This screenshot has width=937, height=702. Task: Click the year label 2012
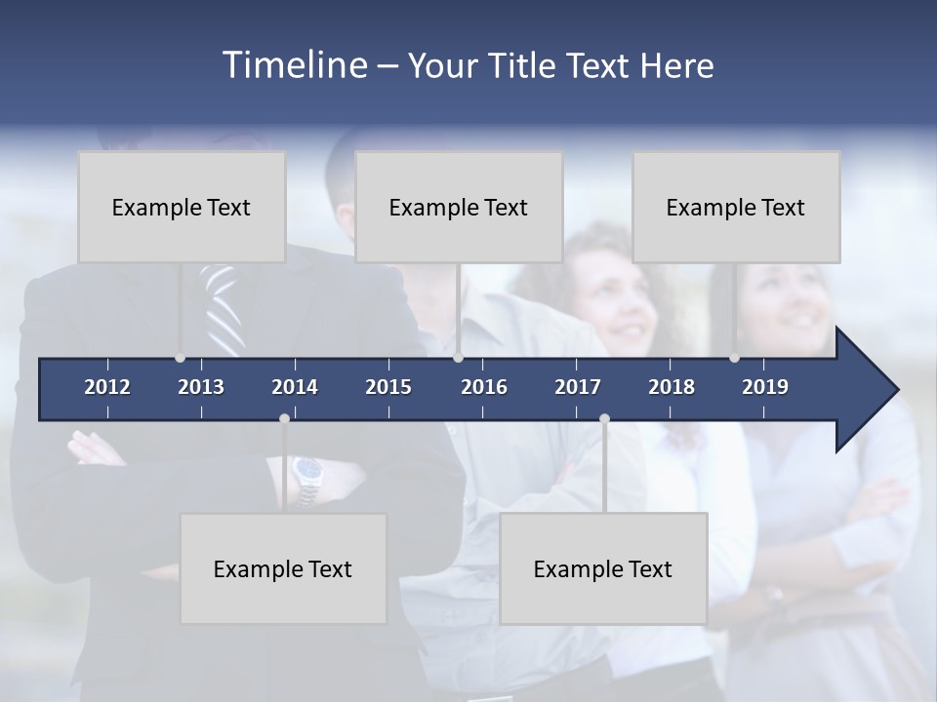(107, 387)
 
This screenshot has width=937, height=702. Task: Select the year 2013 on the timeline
(201, 387)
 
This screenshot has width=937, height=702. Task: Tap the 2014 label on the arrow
(295, 387)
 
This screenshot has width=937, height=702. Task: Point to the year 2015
(388, 387)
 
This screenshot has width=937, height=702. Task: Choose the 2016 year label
(484, 387)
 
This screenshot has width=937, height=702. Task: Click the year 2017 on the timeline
(578, 387)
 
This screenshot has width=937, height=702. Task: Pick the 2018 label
(672, 387)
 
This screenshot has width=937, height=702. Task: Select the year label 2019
(765, 387)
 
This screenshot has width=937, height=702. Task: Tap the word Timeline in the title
(294, 65)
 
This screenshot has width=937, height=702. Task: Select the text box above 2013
(182, 207)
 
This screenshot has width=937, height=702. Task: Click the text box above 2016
(459, 207)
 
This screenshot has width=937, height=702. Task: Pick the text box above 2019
(736, 207)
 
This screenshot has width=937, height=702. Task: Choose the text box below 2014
(283, 568)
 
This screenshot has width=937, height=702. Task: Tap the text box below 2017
(603, 568)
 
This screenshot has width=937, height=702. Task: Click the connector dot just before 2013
(180, 358)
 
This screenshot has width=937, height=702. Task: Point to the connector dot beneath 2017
(604, 418)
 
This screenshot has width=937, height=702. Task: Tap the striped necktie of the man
(223, 307)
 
